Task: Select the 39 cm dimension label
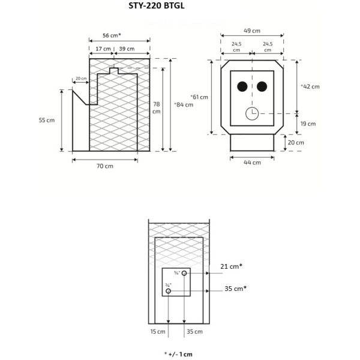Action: pyautogui.click(x=127, y=49)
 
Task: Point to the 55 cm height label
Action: pyautogui.click(x=47, y=120)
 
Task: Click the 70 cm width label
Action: pyautogui.click(x=105, y=166)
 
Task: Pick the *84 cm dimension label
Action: pyautogui.click(x=184, y=104)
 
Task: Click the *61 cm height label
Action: pyautogui.click(x=199, y=97)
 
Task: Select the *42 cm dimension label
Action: pyautogui.click(x=310, y=86)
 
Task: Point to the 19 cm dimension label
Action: pyautogui.click(x=308, y=124)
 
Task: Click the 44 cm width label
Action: pyautogui.click(x=253, y=163)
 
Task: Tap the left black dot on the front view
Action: pyautogui.click(x=242, y=86)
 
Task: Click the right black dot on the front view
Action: pyautogui.click(x=262, y=86)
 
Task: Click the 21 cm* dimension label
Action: pyautogui.click(x=232, y=266)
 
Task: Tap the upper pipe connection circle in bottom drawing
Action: pyautogui.click(x=184, y=274)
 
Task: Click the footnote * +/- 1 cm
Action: pyautogui.click(x=179, y=354)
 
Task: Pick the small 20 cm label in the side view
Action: pyautogui.click(x=81, y=79)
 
